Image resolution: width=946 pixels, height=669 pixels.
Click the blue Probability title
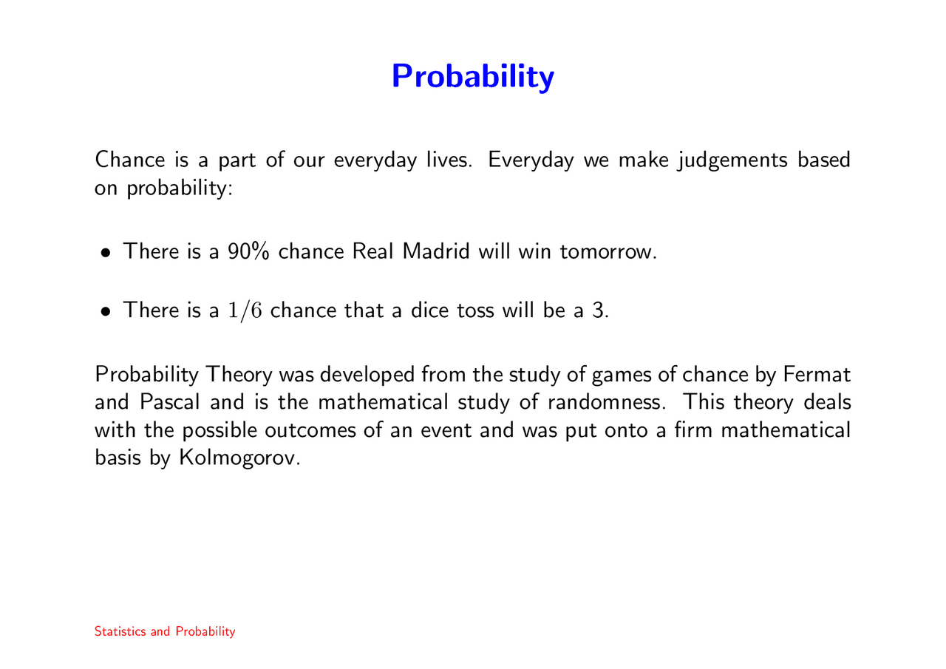(x=472, y=76)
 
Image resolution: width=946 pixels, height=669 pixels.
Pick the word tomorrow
(x=606, y=252)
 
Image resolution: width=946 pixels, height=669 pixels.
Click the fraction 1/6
(x=244, y=310)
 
